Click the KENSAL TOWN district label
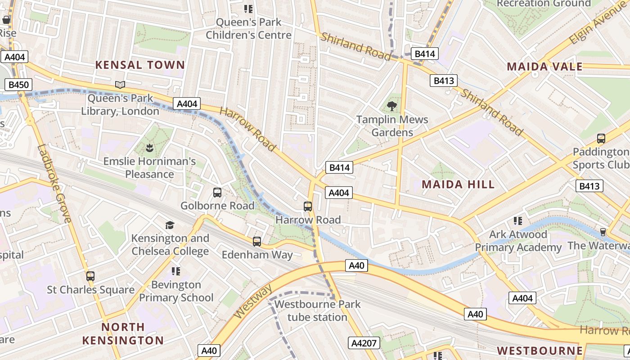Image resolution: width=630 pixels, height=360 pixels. pos(140,65)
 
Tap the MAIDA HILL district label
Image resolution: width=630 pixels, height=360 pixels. pos(458,184)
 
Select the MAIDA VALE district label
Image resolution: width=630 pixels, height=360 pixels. pos(544,67)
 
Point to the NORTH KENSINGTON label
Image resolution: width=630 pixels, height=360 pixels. pos(123,333)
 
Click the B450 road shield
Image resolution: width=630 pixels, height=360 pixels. pos(18,84)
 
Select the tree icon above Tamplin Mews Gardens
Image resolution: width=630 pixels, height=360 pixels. pos(392,106)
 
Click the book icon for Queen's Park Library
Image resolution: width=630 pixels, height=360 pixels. pos(120,85)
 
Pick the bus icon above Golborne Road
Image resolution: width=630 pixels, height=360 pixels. pos(217,193)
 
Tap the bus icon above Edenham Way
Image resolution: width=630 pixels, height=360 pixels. pos(257,242)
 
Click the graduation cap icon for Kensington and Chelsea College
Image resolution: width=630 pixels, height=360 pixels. pos(170,225)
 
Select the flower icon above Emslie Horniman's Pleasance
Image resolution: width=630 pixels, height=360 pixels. pos(149,147)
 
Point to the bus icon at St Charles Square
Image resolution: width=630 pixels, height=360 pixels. pos(90,276)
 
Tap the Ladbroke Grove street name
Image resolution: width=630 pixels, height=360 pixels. pos(54,183)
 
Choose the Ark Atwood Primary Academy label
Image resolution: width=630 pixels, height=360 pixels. pos(518,241)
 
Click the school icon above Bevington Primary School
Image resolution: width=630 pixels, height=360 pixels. pos(176,271)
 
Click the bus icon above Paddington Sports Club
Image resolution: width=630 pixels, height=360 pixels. pos(601,139)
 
